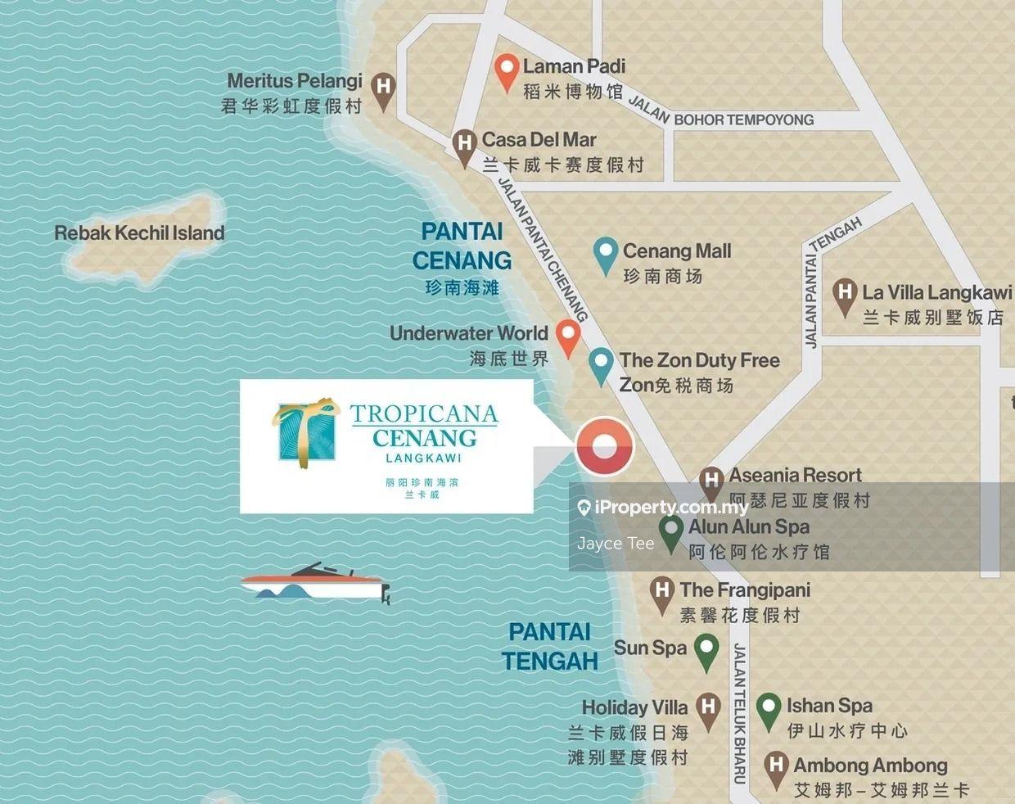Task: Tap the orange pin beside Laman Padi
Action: click(508, 70)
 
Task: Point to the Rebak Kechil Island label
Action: click(139, 233)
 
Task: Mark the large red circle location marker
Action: click(605, 447)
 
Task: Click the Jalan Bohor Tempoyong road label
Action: click(720, 115)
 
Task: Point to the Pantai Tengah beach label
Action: click(549, 646)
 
